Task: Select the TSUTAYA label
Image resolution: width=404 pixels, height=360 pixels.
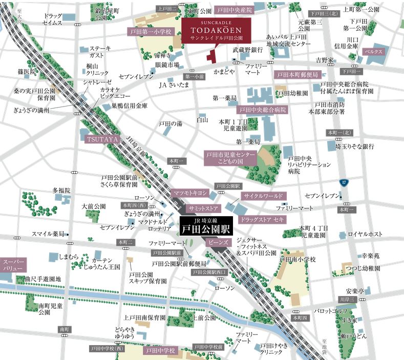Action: point(102,139)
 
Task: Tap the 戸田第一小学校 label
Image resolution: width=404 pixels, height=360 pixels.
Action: point(148,32)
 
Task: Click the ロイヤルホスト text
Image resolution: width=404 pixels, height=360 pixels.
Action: point(365,234)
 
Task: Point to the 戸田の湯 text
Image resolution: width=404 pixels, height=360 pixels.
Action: point(170,123)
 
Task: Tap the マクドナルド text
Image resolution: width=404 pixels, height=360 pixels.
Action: point(152,221)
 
